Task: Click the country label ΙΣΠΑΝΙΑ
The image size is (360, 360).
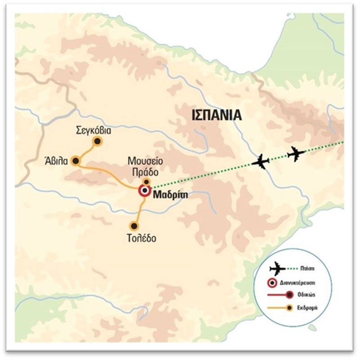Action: click(x=216, y=115)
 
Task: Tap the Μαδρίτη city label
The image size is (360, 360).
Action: click(x=171, y=195)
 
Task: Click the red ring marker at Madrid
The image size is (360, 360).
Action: click(x=144, y=191)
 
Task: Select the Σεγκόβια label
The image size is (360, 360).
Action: click(x=94, y=130)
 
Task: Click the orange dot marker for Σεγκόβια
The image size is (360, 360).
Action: click(x=97, y=141)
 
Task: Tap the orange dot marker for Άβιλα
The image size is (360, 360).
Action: click(x=76, y=161)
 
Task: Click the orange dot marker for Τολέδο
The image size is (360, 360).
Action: click(x=134, y=226)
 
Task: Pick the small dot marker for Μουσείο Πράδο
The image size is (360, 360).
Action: click(x=146, y=181)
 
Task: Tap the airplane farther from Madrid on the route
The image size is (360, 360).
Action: click(x=296, y=153)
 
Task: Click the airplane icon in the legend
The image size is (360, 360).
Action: click(x=278, y=269)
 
